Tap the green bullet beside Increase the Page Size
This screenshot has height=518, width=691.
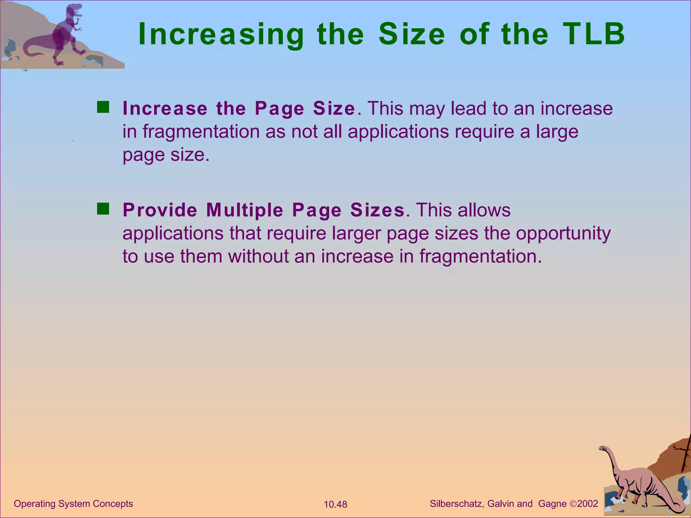[103, 107]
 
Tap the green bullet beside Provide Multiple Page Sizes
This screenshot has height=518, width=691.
[103, 209]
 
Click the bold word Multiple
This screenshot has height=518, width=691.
[245, 210]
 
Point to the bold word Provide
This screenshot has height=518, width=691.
[160, 210]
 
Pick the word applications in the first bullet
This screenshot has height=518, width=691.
[398, 132]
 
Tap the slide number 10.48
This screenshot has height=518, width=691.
[335, 505]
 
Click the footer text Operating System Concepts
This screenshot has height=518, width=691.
[73, 504]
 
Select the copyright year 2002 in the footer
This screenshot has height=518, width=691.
[587, 504]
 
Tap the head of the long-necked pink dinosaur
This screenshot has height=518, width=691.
[603, 449]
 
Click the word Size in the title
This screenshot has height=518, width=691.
[412, 34]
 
